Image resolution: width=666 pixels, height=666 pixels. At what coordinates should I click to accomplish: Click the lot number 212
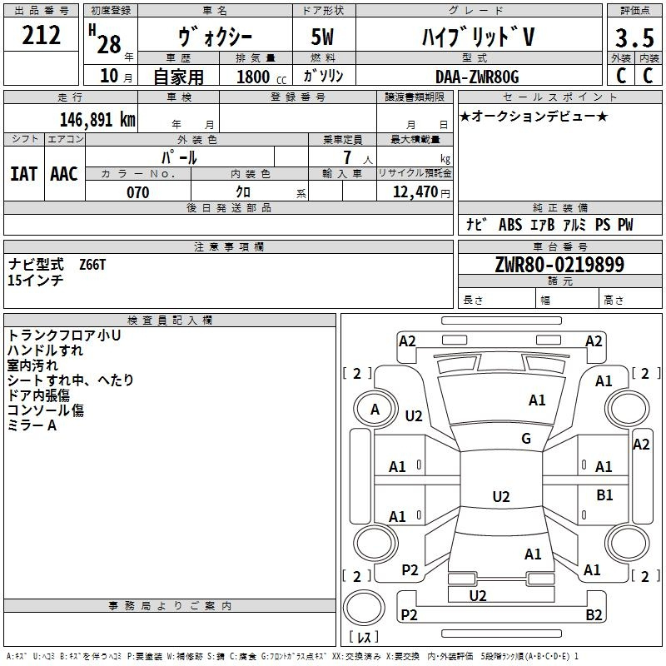pos(42,36)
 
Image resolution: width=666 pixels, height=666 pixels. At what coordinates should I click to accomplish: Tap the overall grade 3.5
pos(633,38)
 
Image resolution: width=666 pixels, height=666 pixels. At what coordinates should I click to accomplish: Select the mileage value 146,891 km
pos(97,119)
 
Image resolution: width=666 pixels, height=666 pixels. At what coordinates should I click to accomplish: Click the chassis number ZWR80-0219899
pos(559,265)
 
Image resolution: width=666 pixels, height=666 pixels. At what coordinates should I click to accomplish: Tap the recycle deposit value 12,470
pos(413,192)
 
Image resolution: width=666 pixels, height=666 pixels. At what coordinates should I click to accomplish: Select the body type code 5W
pos(325,37)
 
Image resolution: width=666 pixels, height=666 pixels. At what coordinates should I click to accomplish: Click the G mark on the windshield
pos(526,439)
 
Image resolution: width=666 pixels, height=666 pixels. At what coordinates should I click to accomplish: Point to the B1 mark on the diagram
pos(604,495)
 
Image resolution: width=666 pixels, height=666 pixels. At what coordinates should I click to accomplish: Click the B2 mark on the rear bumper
pos(594,615)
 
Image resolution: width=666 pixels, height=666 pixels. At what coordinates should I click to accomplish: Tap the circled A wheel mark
pos(375,410)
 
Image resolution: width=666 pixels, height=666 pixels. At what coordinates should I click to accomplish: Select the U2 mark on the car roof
pos(500,497)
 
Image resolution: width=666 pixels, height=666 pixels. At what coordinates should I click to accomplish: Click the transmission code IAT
pos(23,173)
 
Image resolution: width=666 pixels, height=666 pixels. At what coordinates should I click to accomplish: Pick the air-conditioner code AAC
pos(64,173)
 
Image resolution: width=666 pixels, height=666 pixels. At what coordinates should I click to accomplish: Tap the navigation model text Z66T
pos(92,264)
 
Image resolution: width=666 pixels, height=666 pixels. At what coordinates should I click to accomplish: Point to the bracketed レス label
pos(363,638)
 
